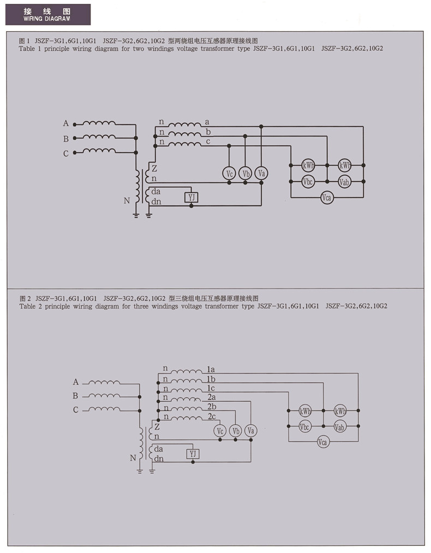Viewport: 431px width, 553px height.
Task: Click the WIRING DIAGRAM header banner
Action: (48, 14)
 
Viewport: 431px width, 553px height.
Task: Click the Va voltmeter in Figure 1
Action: (261, 173)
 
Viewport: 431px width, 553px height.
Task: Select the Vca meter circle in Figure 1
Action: (327, 198)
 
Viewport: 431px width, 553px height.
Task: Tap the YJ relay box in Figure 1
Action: (191, 197)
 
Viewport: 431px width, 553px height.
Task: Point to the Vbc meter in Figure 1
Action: (308, 182)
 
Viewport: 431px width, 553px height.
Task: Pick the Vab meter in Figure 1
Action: (344, 182)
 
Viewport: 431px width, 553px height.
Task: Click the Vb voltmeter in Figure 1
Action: (246, 174)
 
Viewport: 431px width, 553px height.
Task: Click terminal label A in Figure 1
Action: (66, 123)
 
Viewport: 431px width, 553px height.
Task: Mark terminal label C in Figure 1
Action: (66, 153)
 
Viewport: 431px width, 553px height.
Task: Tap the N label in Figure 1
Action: (127, 201)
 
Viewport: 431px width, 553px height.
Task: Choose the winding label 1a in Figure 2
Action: (211, 369)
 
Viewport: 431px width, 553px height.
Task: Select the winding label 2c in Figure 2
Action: (212, 417)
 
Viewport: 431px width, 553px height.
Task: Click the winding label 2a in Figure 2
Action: (212, 397)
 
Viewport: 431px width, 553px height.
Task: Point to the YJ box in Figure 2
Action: (193, 454)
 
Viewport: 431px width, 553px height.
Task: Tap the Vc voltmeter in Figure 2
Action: (220, 431)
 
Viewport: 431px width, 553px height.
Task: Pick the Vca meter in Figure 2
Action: (322, 442)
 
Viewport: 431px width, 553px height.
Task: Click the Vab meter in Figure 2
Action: (339, 427)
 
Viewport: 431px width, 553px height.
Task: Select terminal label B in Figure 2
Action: (75, 396)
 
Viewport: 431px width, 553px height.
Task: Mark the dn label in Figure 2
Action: (159, 459)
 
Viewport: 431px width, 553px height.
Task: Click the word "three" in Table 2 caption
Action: (141, 306)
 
